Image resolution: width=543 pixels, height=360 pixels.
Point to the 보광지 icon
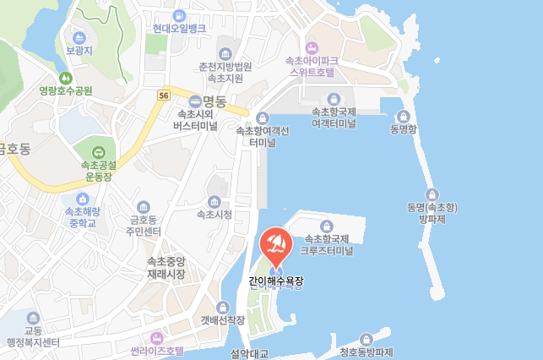click(x=79, y=38)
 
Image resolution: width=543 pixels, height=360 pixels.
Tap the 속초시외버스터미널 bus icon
click(x=195, y=100)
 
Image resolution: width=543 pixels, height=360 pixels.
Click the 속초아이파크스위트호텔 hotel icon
click(x=312, y=47)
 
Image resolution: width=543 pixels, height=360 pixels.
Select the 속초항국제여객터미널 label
click(x=334, y=117)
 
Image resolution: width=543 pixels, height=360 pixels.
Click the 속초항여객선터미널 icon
click(x=263, y=117)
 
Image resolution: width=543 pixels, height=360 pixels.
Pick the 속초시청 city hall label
click(x=214, y=214)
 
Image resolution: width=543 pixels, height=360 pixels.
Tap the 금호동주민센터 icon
click(x=143, y=206)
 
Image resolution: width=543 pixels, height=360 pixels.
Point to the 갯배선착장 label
click(x=223, y=320)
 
